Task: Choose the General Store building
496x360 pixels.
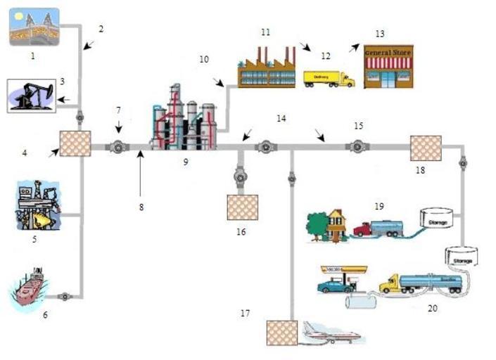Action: click(x=388, y=67)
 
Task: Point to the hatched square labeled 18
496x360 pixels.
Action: click(x=425, y=148)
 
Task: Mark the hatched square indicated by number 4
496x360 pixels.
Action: click(x=75, y=143)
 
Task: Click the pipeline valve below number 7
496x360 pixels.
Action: click(x=117, y=147)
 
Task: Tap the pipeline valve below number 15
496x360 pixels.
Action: click(x=357, y=147)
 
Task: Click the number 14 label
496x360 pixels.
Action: click(x=281, y=119)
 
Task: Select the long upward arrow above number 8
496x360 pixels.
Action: click(x=140, y=172)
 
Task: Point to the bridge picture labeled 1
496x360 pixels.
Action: click(x=34, y=27)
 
